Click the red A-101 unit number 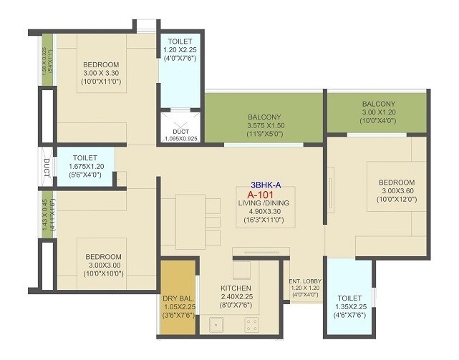261,194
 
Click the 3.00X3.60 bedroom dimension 397,191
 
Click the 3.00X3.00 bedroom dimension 104,266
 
